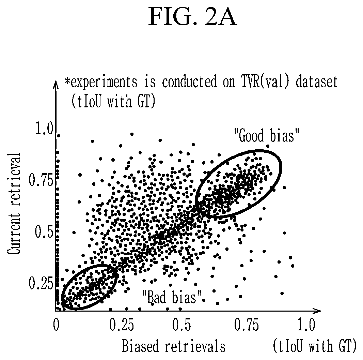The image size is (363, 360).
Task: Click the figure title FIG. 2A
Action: click(x=193, y=16)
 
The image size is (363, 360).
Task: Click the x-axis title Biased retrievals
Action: click(x=174, y=346)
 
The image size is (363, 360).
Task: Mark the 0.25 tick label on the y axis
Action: click(x=41, y=283)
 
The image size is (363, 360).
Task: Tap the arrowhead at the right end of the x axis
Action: click(x=318, y=311)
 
